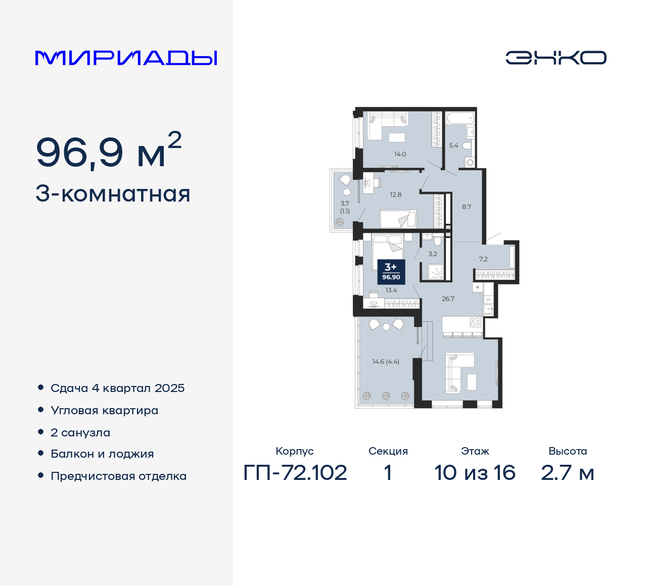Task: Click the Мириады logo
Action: coord(126,58)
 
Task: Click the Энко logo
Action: coord(556,58)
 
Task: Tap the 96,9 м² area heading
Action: coord(109,152)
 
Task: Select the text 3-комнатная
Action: coord(113,194)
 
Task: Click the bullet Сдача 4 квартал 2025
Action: coord(117,388)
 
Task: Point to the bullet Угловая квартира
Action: coord(104,410)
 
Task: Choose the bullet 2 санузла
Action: coord(80,432)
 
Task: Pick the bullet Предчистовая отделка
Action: coord(118,476)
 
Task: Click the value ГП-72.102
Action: coord(295,473)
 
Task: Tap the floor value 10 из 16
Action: coord(475,473)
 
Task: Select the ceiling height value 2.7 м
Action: coord(567,473)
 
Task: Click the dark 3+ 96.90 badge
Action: coord(391,272)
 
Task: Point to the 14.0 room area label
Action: coord(400,154)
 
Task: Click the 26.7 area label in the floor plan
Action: coord(448,299)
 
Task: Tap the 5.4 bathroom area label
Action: coord(453,145)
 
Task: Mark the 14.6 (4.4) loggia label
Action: coord(386,362)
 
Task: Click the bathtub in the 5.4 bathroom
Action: coord(459,119)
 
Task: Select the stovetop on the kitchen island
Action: coord(475,322)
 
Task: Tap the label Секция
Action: coord(388,451)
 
